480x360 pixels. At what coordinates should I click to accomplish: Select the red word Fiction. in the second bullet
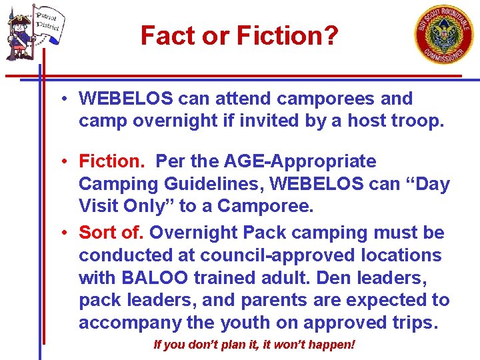pos(113,161)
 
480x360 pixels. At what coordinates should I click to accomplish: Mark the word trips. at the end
pos(414,323)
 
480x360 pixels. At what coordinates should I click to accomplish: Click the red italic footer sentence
pos(254,345)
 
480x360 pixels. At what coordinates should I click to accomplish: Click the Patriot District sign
pos(47,23)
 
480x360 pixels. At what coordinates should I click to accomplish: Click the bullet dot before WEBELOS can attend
pos(61,99)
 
